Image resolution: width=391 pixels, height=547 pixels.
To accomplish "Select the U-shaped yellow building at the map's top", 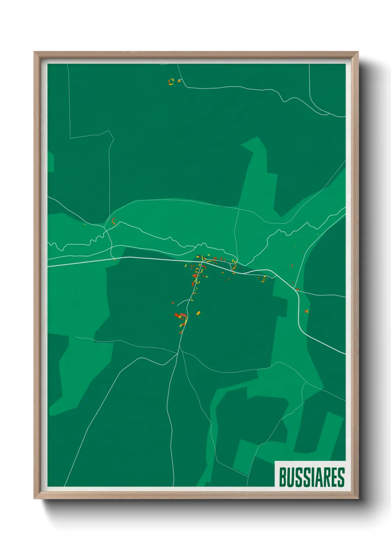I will (x=171, y=81).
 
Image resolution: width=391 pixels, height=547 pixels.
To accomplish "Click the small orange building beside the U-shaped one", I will (x=179, y=81).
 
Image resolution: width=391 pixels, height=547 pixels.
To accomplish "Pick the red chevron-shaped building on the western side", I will (x=113, y=221).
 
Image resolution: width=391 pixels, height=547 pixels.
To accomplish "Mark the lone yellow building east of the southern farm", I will (x=198, y=313).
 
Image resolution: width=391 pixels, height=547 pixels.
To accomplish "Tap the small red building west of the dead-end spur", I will (x=173, y=303).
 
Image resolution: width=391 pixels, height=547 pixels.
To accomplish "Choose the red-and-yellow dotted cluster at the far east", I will (x=306, y=311).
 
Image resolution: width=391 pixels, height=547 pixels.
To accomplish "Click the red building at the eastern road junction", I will (x=297, y=289).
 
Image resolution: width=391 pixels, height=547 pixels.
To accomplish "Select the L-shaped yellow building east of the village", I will (x=264, y=279).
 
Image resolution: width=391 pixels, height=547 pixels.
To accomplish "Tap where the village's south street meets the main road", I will (x=201, y=262).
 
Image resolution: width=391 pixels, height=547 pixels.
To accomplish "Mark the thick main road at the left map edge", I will (x=52, y=265).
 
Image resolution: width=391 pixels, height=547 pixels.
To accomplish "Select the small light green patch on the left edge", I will (x=51, y=162).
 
